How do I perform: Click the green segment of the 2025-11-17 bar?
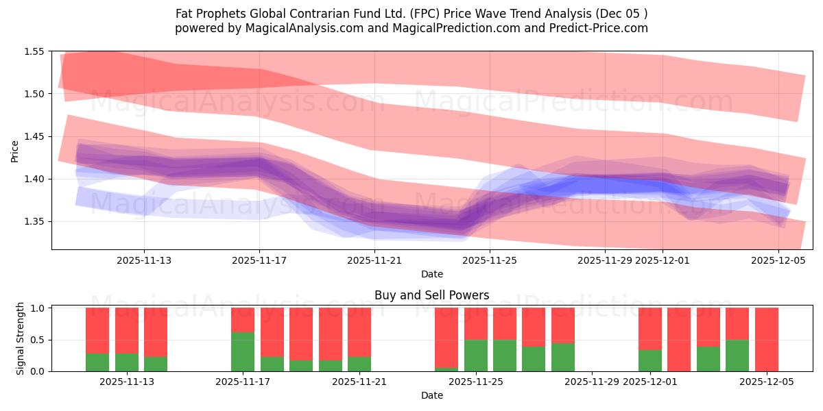point(243,351)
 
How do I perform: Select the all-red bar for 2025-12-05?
point(766,339)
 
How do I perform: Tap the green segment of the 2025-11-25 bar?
point(475,356)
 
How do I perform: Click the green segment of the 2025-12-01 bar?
point(649,360)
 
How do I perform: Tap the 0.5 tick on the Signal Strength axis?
point(38,340)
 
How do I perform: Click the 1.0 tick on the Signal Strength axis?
point(38,308)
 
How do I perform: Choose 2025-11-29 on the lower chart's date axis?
point(592,382)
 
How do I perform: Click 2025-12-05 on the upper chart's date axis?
point(778,260)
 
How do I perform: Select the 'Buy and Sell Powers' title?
point(432,296)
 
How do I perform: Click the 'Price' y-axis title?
point(15,150)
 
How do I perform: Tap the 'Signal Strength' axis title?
point(21,338)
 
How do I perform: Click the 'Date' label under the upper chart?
point(432,274)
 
